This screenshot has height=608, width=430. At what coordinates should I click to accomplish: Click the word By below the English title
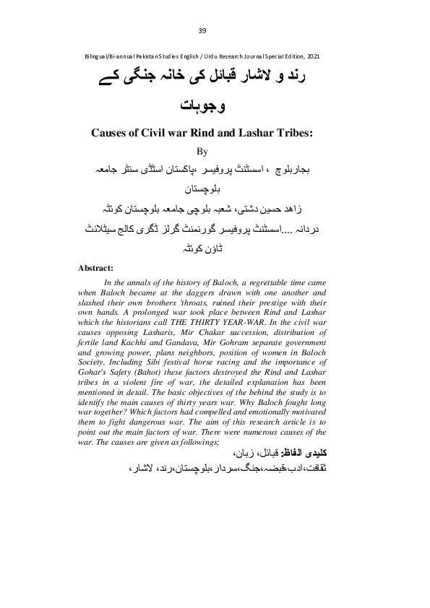point(202,152)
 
